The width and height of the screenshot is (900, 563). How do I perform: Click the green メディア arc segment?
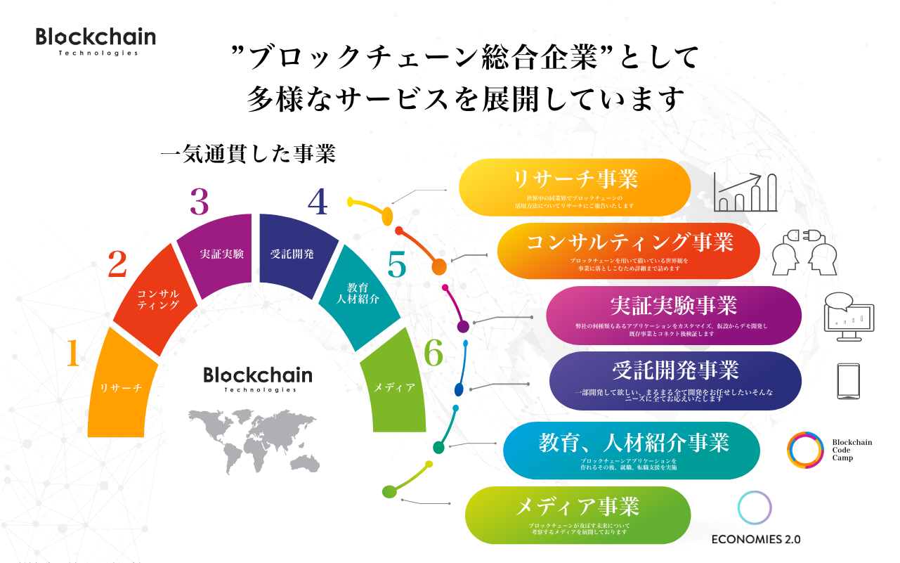[x=394, y=387]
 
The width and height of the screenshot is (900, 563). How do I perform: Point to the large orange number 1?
[x=72, y=354]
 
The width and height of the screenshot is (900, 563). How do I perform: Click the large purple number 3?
[x=200, y=202]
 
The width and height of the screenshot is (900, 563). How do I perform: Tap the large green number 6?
[x=434, y=353]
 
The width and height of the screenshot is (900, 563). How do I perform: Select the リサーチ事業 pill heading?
[x=575, y=180]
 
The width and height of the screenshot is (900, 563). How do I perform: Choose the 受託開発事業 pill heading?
[x=675, y=370]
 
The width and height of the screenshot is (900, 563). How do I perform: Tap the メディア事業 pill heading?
[x=578, y=506]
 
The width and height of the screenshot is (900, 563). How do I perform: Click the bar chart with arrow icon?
[x=745, y=192]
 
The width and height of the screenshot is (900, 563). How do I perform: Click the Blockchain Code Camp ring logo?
[x=805, y=450]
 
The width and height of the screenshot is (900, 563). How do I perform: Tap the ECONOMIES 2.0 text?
[x=755, y=540]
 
